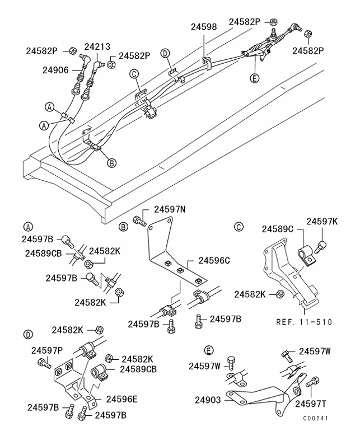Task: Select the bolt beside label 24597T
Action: pos(314,384)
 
